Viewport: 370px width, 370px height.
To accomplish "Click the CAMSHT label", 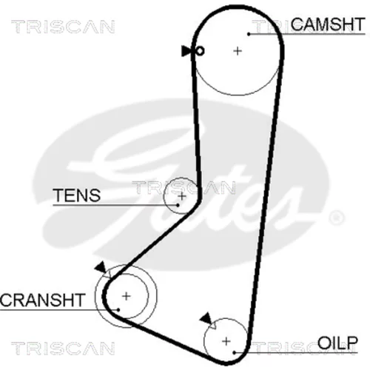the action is (x=328, y=24).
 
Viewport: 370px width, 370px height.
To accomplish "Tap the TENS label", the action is (x=77, y=195).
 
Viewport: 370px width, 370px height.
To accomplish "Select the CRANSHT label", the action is (x=42, y=300).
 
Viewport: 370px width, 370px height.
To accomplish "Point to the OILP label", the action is (x=337, y=343).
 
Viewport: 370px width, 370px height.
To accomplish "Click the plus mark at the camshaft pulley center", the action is (x=238, y=51).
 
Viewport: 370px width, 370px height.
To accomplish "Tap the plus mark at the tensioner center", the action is (x=182, y=196).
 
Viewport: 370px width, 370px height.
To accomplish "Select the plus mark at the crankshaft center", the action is (x=127, y=296).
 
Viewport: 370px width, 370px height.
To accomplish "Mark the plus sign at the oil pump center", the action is (x=226, y=342).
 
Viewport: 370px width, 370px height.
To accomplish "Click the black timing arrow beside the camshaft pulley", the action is (x=186, y=51).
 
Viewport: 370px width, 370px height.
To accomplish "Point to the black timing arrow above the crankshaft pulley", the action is (x=101, y=268).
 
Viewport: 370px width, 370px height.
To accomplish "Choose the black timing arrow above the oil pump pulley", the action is (x=206, y=318).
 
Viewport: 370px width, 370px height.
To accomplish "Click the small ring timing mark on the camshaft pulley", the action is (x=200, y=51).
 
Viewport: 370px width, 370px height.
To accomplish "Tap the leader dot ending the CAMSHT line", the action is (x=249, y=34).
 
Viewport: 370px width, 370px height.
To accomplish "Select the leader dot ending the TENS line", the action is (x=178, y=205).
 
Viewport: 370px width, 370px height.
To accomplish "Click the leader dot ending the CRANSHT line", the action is (x=118, y=309).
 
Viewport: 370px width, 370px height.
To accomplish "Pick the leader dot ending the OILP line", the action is (x=235, y=352).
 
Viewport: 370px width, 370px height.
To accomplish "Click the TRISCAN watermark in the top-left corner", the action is (x=63, y=27).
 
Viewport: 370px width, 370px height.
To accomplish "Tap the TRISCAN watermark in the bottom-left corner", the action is (x=63, y=348).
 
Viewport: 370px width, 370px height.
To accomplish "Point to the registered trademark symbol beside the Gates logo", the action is (x=337, y=218).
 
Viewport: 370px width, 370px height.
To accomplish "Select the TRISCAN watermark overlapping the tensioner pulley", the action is (x=184, y=187).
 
